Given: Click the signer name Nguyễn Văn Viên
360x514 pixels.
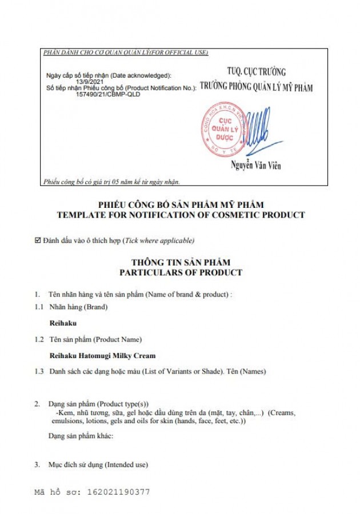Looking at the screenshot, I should [x=255, y=166].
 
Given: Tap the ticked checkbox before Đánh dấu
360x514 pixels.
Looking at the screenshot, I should [x=38, y=240].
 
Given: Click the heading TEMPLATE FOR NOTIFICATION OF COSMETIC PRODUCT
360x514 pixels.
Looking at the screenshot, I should [x=181, y=215].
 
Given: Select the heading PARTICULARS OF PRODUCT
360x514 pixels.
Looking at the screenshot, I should [x=181, y=272].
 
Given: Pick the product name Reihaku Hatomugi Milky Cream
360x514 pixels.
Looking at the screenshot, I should [x=103, y=355].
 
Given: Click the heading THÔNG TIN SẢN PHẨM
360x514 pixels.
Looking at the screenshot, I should [x=181, y=262].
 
